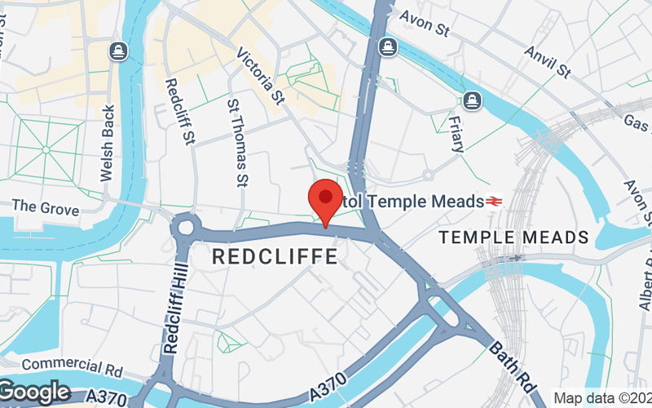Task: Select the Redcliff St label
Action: point(180,112)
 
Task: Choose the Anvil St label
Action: point(547,60)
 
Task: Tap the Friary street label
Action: point(456,134)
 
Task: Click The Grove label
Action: point(46,208)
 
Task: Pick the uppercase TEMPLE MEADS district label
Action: point(513,237)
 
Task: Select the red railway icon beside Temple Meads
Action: point(493,200)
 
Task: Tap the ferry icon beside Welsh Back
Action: point(120,51)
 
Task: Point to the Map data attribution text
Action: point(602,398)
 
